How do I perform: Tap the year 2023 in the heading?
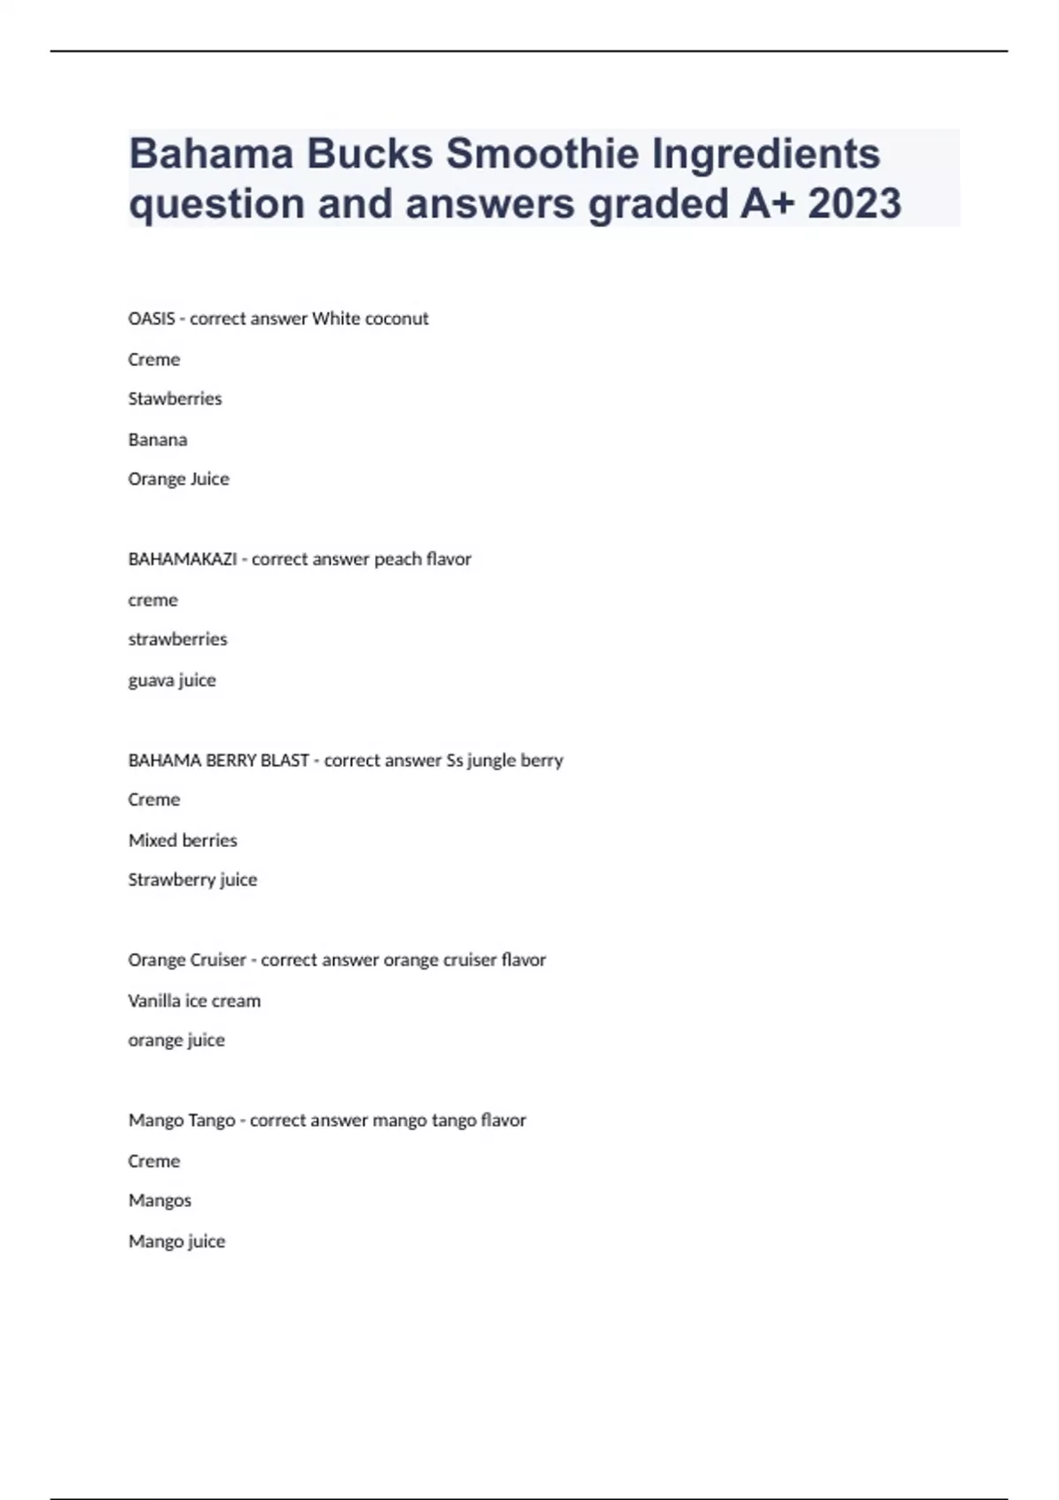pos(853,204)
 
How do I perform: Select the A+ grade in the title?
pos(767,204)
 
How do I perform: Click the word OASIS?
pos(151,319)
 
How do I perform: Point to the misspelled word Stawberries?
pos(175,399)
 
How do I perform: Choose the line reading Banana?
pos(157,439)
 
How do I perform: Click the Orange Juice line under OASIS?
pos(178,479)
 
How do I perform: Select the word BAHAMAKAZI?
pos(182,559)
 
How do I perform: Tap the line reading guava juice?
pos(171,680)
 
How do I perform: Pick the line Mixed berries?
pos(183,840)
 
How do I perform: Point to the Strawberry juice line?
pos(192,880)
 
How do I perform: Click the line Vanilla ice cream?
pos(194,1001)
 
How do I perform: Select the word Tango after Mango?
pos(213,1121)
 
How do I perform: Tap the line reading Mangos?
pos(160,1201)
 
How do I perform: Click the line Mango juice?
pos(176,1241)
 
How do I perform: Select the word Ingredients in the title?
pos(765,154)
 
